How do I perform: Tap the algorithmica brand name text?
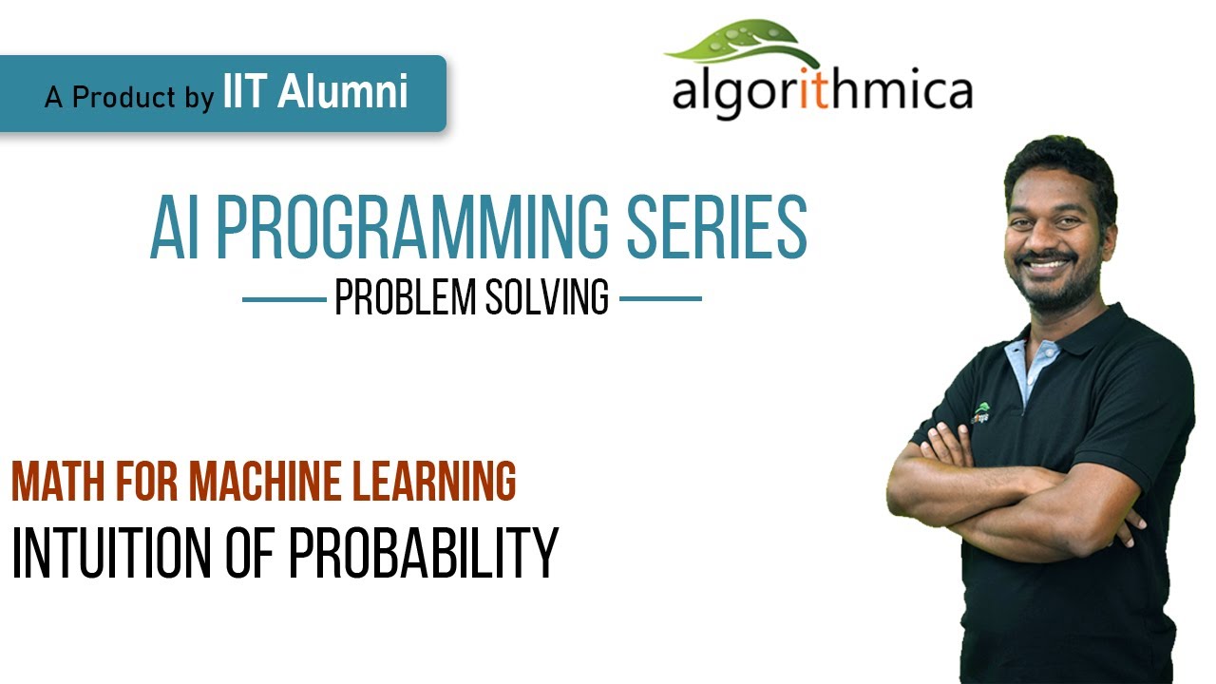tap(822, 92)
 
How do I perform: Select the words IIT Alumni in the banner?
tap(316, 93)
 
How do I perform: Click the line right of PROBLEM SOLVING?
tap(660, 299)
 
